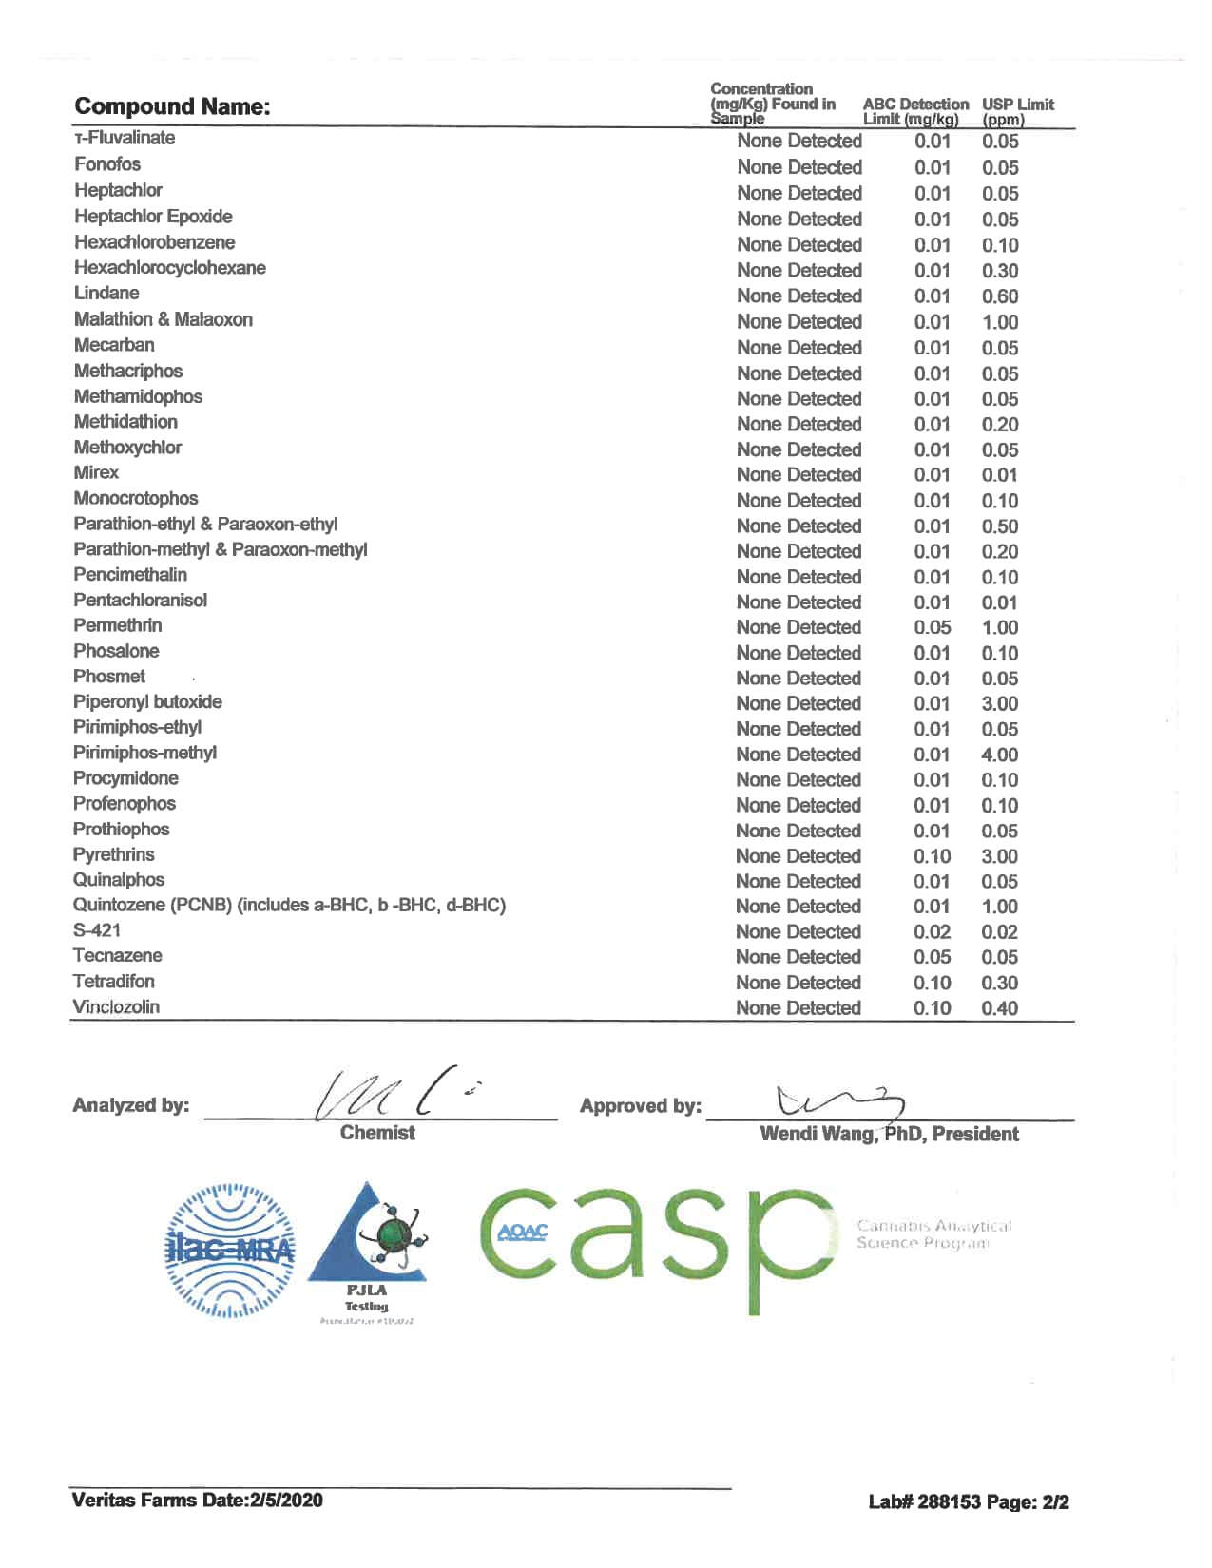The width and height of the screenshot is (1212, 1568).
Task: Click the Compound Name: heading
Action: [x=172, y=106]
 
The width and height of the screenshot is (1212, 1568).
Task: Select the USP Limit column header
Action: [x=1017, y=111]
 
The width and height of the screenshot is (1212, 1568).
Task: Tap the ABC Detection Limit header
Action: [x=914, y=111]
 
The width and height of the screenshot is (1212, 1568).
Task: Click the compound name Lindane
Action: [x=106, y=293]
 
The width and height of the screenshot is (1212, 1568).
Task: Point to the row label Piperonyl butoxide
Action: [x=147, y=702]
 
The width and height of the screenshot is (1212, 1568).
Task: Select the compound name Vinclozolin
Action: [x=116, y=1007]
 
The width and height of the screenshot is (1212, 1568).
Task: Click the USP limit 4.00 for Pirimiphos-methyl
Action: [x=999, y=755]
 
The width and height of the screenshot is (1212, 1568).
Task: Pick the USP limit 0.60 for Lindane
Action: [x=999, y=296]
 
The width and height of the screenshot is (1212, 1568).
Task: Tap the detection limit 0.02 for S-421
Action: [x=932, y=932]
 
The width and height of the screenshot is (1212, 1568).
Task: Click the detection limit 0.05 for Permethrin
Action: [x=932, y=628]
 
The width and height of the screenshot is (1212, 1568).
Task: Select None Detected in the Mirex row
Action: [x=798, y=475]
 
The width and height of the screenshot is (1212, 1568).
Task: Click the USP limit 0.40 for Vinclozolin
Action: [x=999, y=1008]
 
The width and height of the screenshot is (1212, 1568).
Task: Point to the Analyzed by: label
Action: [x=130, y=1105]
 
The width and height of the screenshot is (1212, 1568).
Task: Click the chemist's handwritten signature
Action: [x=390, y=1098]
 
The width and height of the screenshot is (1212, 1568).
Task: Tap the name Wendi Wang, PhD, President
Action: [x=889, y=1134]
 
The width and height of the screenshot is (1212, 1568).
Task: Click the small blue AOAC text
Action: [x=523, y=1233]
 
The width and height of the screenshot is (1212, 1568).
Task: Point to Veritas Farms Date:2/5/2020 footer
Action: [x=197, y=1501]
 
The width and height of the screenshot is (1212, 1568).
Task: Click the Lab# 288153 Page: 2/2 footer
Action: [x=968, y=1502]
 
